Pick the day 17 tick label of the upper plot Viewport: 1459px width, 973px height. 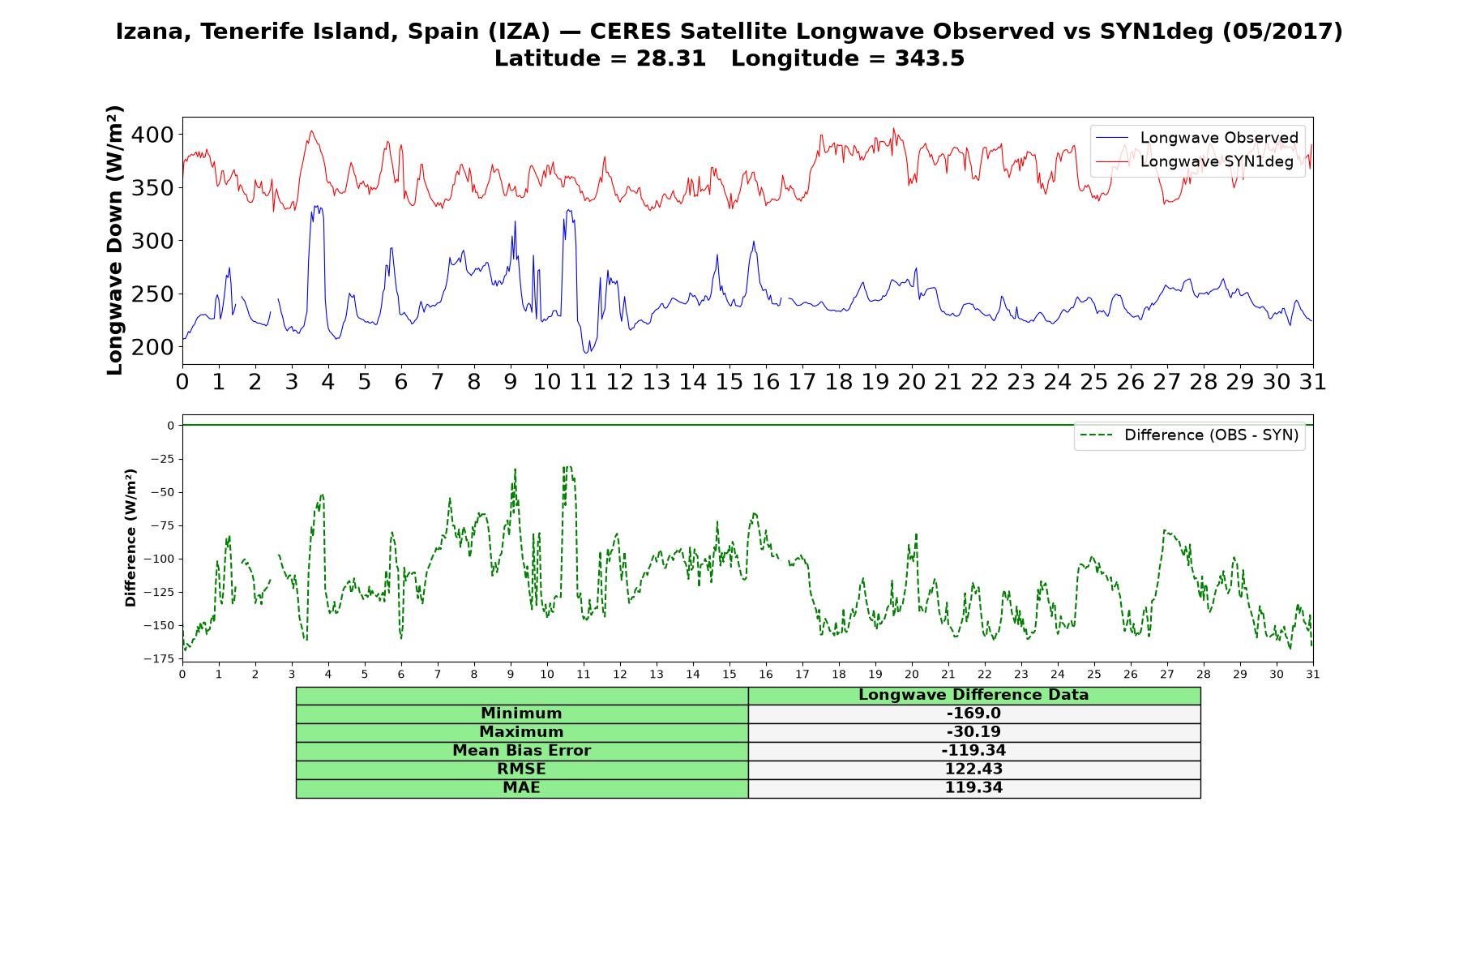point(802,382)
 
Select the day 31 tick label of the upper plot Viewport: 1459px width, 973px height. point(1312,382)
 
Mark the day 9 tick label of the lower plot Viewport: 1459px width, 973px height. point(511,674)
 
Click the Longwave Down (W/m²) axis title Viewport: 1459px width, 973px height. point(114,240)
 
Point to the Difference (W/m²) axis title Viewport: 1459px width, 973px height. point(130,538)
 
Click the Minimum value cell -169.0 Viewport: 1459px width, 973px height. point(973,714)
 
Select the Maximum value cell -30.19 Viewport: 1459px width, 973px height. point(973,732)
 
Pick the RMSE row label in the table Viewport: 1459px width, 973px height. point(522,769)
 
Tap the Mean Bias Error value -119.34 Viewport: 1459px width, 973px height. point(973,751)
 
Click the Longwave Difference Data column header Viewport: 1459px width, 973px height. point(973,695)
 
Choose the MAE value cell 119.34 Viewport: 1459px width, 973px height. point(973,788)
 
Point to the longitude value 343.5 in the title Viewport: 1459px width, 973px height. point(930,58)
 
